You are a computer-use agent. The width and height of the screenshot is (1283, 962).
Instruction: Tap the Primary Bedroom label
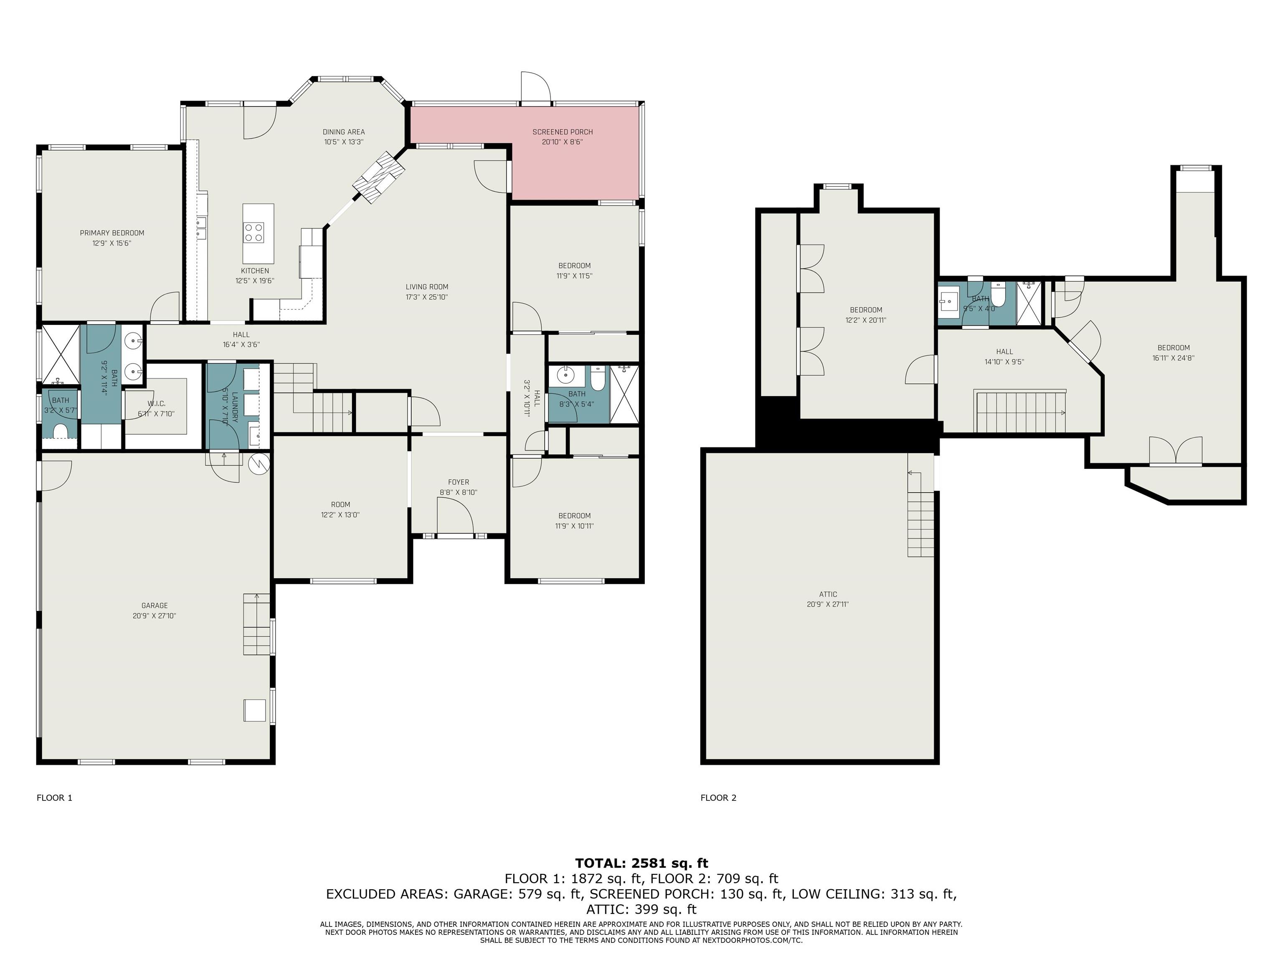[112, 233]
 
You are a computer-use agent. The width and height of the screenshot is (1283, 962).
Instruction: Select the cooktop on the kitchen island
[254, 233]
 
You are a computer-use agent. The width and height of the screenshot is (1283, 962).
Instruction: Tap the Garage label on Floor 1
[154, 606]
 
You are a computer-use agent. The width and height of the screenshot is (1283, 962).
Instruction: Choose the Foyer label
[458, 482]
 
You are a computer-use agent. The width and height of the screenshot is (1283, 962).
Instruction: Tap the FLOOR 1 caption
[55, 798]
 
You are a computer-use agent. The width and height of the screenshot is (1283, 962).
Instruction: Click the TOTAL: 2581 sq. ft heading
[641, 863]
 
